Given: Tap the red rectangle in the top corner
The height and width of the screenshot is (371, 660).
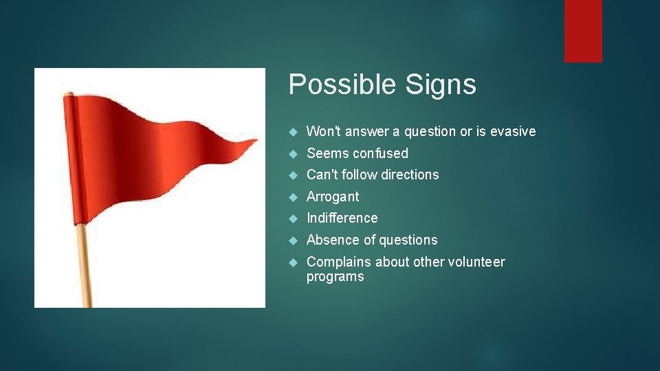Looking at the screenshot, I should point(583,31).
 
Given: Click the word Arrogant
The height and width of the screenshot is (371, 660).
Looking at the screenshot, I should point(333,196).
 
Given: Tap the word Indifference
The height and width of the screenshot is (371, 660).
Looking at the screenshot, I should point(342,218).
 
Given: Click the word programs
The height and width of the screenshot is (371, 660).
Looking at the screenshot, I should point(335,276).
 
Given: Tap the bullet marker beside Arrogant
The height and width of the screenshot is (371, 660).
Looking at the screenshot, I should point(292,196).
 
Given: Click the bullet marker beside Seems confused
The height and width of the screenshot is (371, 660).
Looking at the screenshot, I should point(292,153).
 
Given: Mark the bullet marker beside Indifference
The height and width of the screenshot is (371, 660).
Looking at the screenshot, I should point(292,218).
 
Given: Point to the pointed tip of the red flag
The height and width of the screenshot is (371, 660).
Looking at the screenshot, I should point(256,142).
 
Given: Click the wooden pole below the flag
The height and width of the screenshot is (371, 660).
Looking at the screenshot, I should point(84,268).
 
